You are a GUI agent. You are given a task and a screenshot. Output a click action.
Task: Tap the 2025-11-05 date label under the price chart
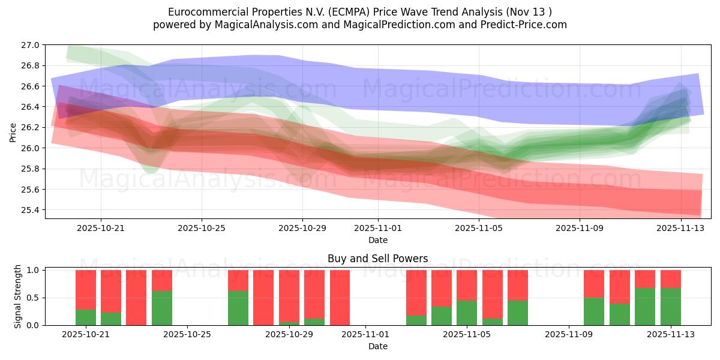(479, 228)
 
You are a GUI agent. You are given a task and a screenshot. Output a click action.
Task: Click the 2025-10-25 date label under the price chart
(202, 228)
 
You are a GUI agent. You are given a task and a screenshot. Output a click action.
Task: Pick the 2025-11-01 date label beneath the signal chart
(365, 335)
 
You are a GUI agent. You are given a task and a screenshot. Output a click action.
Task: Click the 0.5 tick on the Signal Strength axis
(34, 298)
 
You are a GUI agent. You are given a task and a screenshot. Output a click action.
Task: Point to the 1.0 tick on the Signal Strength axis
(34, 270)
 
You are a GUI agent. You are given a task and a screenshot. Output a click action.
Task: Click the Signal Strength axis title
(18, 296)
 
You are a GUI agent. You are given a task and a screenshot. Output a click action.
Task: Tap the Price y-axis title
(13, 132)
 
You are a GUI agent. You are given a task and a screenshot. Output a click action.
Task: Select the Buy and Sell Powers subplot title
(377, 259)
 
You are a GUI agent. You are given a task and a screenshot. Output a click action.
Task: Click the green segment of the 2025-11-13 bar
(670, 306)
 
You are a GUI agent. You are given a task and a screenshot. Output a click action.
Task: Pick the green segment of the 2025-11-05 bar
(466, 313)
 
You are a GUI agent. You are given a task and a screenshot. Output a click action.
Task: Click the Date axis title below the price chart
(377, 240)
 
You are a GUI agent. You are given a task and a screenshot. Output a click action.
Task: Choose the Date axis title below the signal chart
(377, 346)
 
